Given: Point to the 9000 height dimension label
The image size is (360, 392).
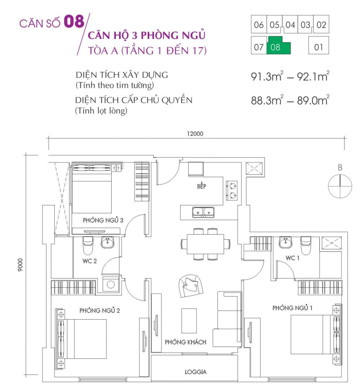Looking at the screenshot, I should click(22, 265).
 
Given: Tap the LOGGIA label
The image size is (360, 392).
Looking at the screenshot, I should click(196, 371).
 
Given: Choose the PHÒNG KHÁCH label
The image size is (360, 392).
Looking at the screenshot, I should click(186, 342).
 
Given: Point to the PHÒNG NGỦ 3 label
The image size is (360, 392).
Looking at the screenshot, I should click(103, 220).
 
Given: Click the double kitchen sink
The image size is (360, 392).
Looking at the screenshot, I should click(203, 213).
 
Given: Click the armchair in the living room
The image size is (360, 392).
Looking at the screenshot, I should click(191, 285).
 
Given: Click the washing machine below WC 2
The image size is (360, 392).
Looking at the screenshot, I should click(111, 284).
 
